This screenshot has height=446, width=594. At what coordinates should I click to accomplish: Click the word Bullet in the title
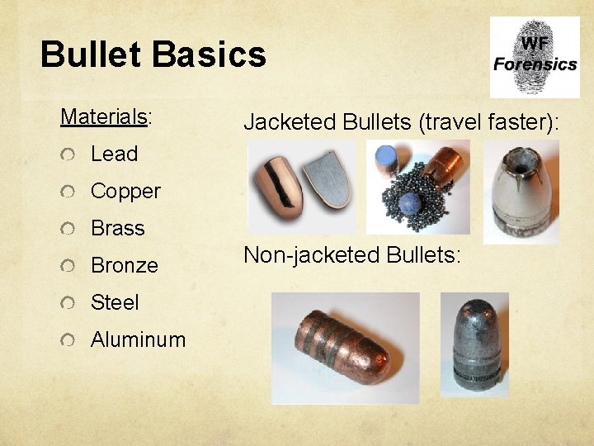tap(91, 55)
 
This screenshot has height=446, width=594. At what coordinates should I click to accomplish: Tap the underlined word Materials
tap(103, 116)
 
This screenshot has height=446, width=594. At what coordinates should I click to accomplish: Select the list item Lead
tap(114, 154)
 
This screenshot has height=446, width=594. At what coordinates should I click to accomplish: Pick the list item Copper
tap(125, 191)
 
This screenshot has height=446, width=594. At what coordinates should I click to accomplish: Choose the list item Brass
tap(117, 228)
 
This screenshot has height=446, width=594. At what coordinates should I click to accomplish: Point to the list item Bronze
tap(124, 265)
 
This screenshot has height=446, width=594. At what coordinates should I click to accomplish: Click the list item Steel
tap(115, 302)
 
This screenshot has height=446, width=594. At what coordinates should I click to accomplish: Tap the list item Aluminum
tap(138, 339)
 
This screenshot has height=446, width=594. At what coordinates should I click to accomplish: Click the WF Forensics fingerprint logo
tap(534, 56)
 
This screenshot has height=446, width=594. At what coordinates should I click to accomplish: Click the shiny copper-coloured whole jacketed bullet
tap(276, 186)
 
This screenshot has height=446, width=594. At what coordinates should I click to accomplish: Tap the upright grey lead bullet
tap(476, 344)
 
